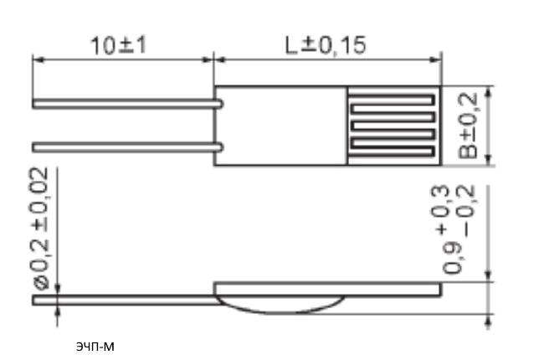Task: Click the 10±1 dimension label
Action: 119,45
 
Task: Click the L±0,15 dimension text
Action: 326,45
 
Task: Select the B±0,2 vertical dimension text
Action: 468,126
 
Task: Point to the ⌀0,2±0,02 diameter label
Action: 42,229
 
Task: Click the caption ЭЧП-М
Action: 95,347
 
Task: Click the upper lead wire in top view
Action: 128,104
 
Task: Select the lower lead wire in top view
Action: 128,147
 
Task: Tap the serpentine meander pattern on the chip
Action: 393,126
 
